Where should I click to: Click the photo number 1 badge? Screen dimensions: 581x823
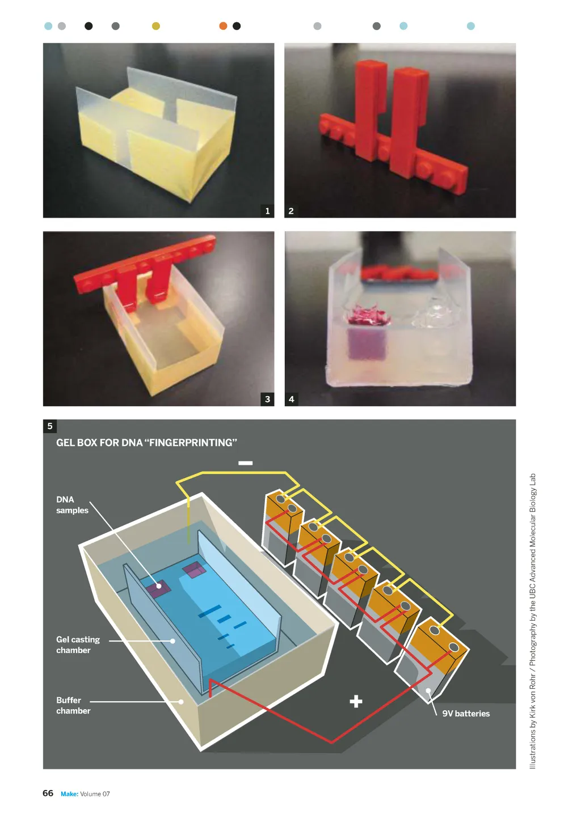(267, 211)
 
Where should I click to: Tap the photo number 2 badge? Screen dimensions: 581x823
(291, 211)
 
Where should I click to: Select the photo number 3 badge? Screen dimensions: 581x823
(267, 399)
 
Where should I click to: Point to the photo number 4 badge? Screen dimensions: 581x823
(291, 399)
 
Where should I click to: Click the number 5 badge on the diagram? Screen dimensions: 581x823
(49, 426)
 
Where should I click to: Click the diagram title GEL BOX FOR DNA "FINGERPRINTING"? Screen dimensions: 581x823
(146, 443)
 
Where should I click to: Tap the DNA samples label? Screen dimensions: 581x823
(72, 505)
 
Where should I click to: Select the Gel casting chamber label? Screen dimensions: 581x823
(78, 645)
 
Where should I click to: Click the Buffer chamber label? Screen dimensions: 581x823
(73, 706)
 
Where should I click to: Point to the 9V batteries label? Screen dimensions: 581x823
(466, 714)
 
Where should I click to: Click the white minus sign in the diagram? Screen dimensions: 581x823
(245, 463)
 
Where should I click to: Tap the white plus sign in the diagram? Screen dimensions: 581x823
(356, 701)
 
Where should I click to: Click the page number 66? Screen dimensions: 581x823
(48, 793)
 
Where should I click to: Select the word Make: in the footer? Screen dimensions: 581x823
(69, 794)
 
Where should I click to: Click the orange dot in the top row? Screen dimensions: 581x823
(223, 26)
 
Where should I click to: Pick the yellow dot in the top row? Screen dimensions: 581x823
(156, 26)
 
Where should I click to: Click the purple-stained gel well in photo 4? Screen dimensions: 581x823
(367, 343)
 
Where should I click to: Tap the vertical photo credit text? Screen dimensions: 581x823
(532, 621)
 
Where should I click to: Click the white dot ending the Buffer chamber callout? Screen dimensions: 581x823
(181, 701)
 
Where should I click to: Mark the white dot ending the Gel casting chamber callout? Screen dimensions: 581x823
(172, 640)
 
